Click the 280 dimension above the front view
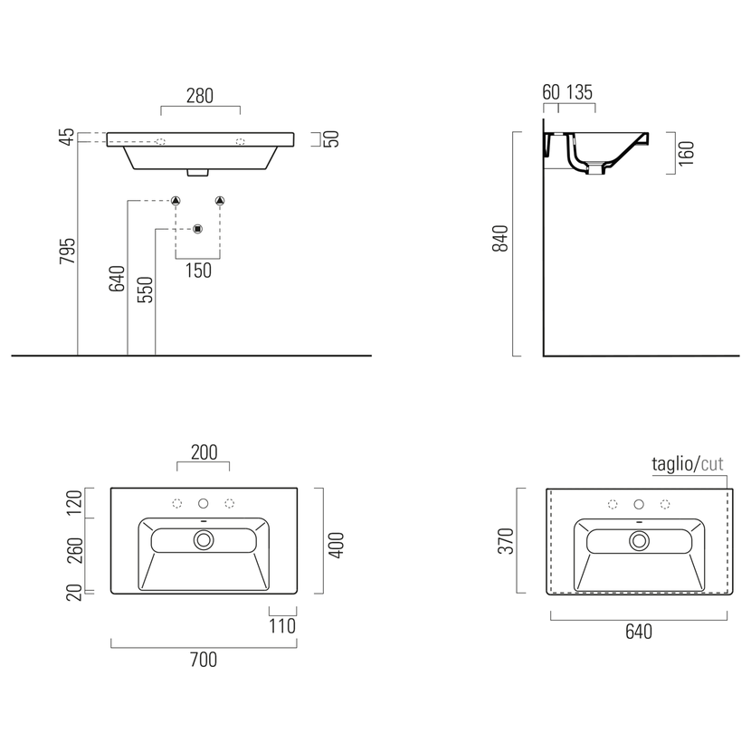(x=200, y=96)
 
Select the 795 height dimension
(x=68, y=251)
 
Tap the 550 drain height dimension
(x=145, y=290)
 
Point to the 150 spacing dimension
(x=198, y=271)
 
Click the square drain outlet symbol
(x=198, y=229)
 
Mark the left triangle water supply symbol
(x=176, y=201)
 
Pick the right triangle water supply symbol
(x=220, y=201)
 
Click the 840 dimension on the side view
(x=500, y=238)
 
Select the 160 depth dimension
(x=687, y=153)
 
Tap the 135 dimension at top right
(x=579, y=92)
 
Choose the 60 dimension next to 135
(x=551, y=92)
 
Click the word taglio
(x=672, y=464)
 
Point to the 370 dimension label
(x=506, y=541)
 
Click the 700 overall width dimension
(x=204, y=660)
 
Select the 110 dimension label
(x=282, y=626)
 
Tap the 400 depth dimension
(x=337, y=545)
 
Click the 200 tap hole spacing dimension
(x=204, y=452)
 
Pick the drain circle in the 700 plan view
(x=204, y=540)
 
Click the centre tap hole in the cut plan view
(x=639, y=504)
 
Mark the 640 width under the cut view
(x=639, y=632)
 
